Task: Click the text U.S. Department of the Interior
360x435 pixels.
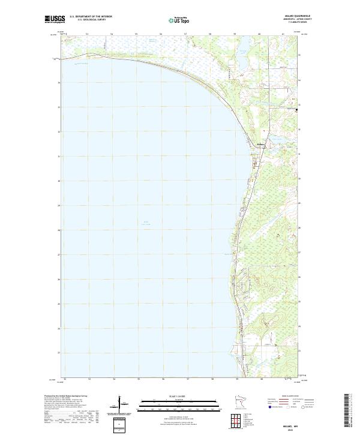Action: pyautogui.click(x=91, y=17)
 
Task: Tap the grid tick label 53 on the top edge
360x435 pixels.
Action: pyautogui.click(x=88, y=34)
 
